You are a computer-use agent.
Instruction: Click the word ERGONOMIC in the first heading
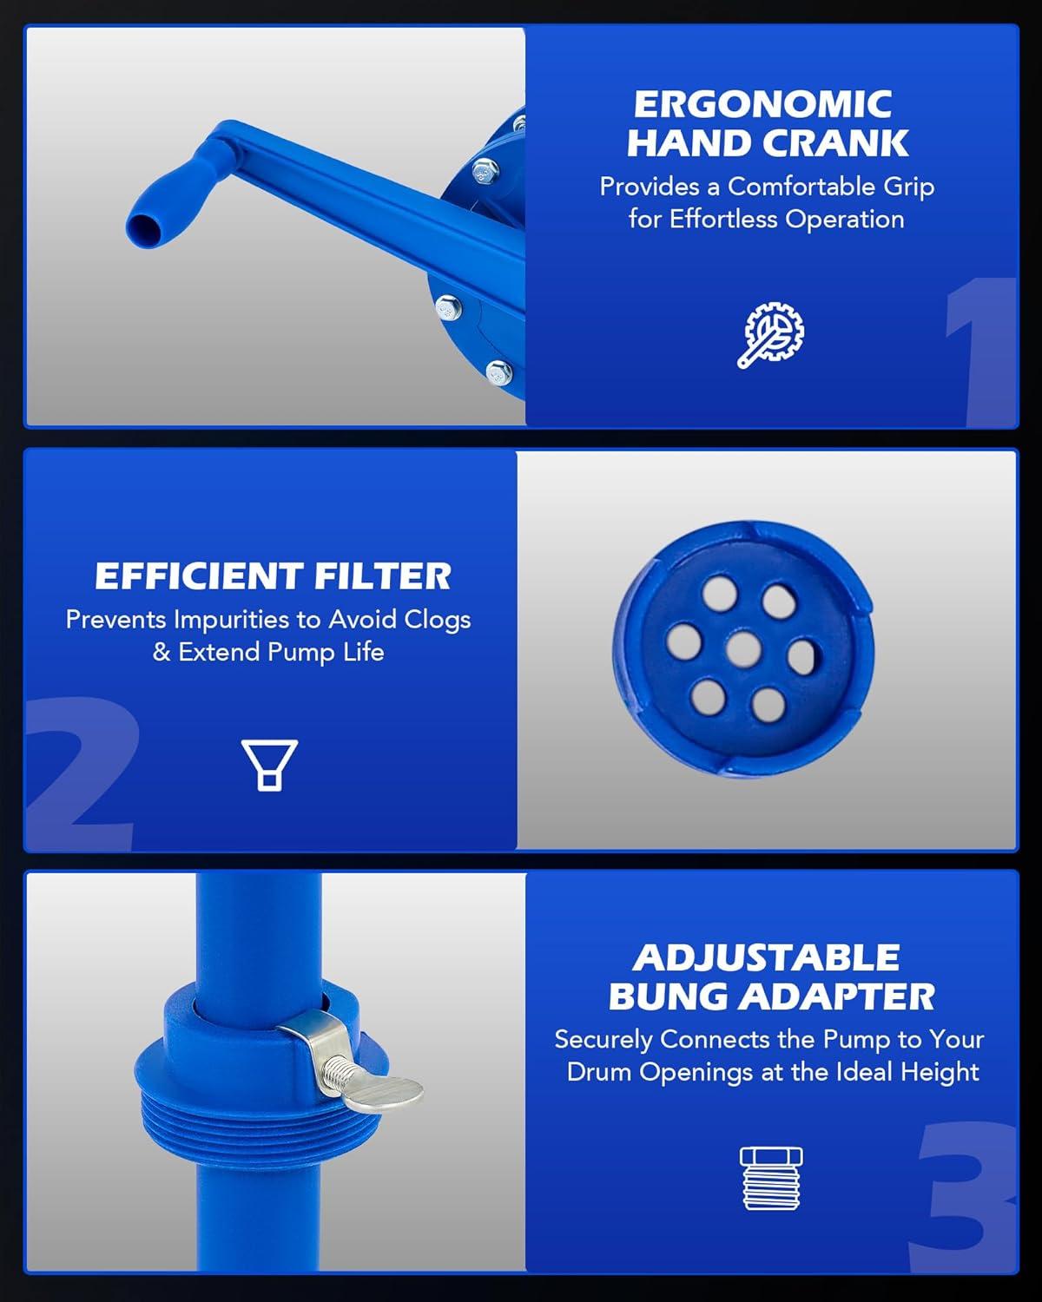pyautogui.click(x=763, y=104)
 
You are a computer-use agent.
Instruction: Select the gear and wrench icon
pyautogui.click(x=771, y=335)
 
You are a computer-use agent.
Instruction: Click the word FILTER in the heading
pyautogui.click(x=383, y=576)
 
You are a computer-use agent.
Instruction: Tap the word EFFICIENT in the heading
pyautogui.click(x=199, y=576)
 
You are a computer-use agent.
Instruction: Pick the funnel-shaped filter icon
pyautogui.click(x=269, y=765)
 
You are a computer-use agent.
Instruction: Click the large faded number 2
pyautogui.click(x=82, y=773)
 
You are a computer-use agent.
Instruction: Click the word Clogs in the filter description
pyautogui.click(x=437, y=620)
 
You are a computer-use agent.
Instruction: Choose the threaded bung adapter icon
pyautogui.click(x=771, y=1179)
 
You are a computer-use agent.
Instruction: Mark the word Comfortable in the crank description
pyautogui.click(x=801, y=187)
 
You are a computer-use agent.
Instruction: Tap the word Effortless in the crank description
pyautogui.click(x=723, y=219)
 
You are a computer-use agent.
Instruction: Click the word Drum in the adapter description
pyautogui.click(x=599, y=1072)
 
